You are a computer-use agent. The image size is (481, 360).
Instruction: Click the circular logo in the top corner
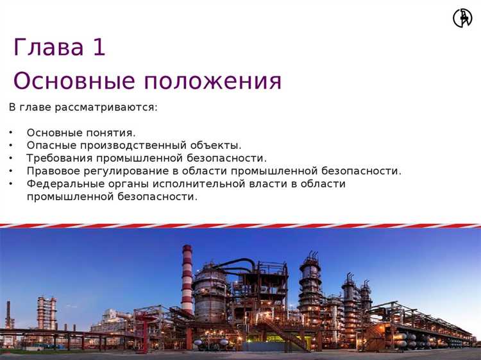[462, 17]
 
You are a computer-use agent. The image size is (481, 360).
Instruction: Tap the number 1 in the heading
[99, 47]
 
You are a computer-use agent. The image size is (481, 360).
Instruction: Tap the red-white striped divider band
[240, 226]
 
